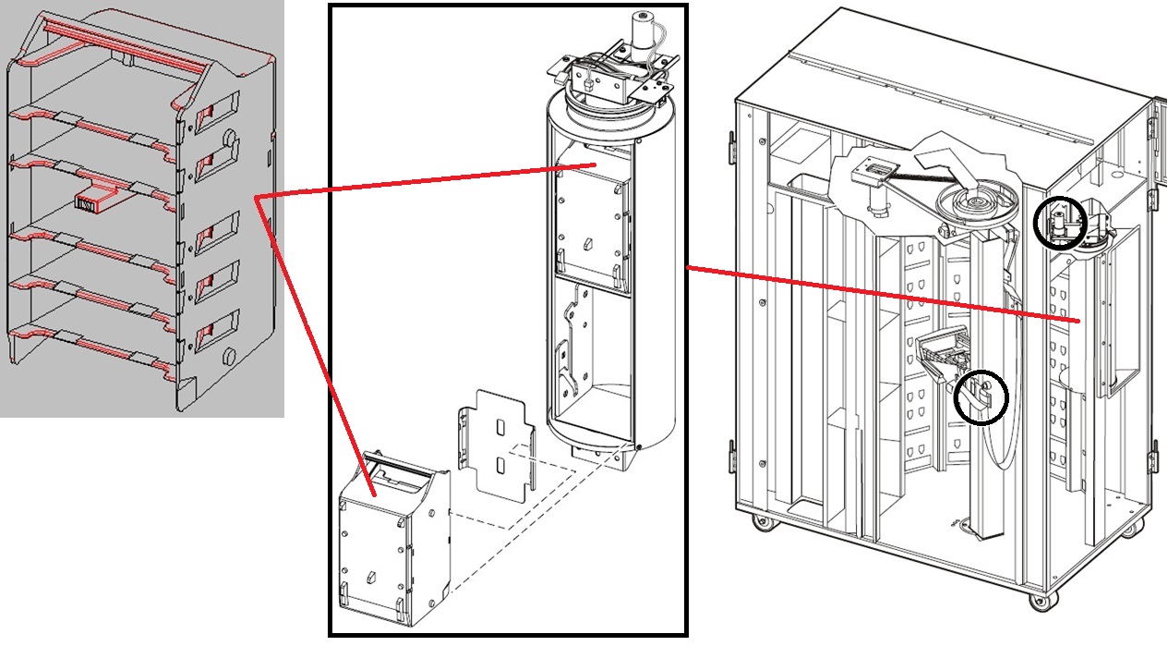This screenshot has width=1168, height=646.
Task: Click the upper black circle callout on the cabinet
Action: pyautogui.click(x=1060, y=224)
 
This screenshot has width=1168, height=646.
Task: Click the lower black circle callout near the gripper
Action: pyautogui.click(x=981, y=397)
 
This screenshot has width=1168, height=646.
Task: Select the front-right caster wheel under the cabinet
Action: pyautogui.click(x=1039, y=602)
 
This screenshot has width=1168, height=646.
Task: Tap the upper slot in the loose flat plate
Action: pyautogui.click(x=500, y=428)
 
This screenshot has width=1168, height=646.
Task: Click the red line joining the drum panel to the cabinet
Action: pyautogui.click(x=877, y=294)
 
